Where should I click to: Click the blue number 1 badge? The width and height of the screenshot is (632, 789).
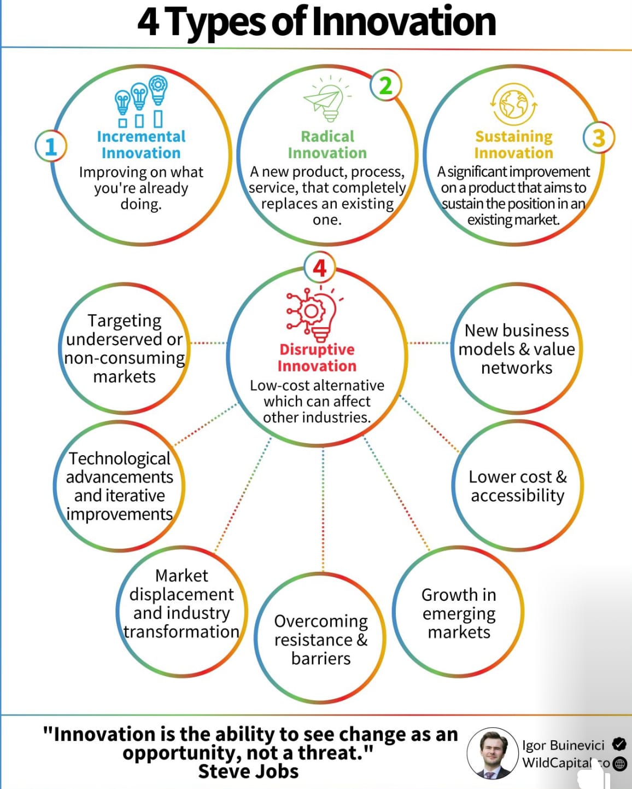click(51, 146)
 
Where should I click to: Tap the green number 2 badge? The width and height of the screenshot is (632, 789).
click(386, 85)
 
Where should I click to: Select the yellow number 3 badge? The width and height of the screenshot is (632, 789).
click(599, 138)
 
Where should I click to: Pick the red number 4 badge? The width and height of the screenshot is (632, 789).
click(320, 268)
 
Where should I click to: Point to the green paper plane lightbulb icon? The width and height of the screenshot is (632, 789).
click(327, 99)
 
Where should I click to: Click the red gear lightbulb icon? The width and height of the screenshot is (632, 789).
click(314, 313)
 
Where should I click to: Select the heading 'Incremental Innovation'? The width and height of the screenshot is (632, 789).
click(142, 145)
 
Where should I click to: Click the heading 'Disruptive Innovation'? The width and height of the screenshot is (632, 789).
click(317, 358)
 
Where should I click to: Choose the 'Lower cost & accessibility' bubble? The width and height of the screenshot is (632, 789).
click(517, 486)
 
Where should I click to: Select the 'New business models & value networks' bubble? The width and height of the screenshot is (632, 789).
click(517, 349)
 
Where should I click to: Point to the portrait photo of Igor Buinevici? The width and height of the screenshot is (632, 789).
click(493, 753)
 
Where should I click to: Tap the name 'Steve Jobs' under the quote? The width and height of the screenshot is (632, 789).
click(248, 771)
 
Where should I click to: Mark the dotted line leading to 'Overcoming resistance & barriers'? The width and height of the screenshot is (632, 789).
click(323, 510)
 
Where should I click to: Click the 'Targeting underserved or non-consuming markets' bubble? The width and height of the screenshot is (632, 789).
click(124, 349)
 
